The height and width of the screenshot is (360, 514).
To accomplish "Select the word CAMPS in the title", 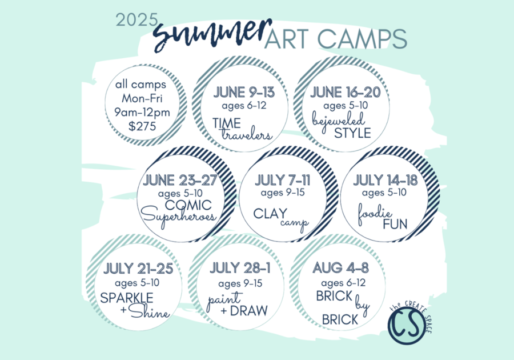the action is pos(362,39).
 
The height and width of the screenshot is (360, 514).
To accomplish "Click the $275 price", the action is pos(142,126).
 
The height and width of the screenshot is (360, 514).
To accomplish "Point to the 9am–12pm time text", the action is pos(142,112).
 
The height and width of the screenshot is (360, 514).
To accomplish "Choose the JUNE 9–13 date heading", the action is pos(244,92).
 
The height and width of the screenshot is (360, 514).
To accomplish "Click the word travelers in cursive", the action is pos(247,135).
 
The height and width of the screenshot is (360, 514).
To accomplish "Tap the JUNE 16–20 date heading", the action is pos(346,92).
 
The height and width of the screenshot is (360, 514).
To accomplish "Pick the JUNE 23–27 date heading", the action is pos(180,180).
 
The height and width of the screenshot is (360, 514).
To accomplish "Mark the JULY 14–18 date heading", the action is pos(385,180).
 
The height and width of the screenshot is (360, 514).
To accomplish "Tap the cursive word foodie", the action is pos(375,214).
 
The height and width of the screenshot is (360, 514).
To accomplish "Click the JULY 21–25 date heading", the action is pos(138,269).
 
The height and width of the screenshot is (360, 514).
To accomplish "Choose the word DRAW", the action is pos(249,310).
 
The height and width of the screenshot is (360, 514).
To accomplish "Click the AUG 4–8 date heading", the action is pos(340,268).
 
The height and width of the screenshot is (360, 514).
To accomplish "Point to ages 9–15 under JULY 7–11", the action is pos(283,193).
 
